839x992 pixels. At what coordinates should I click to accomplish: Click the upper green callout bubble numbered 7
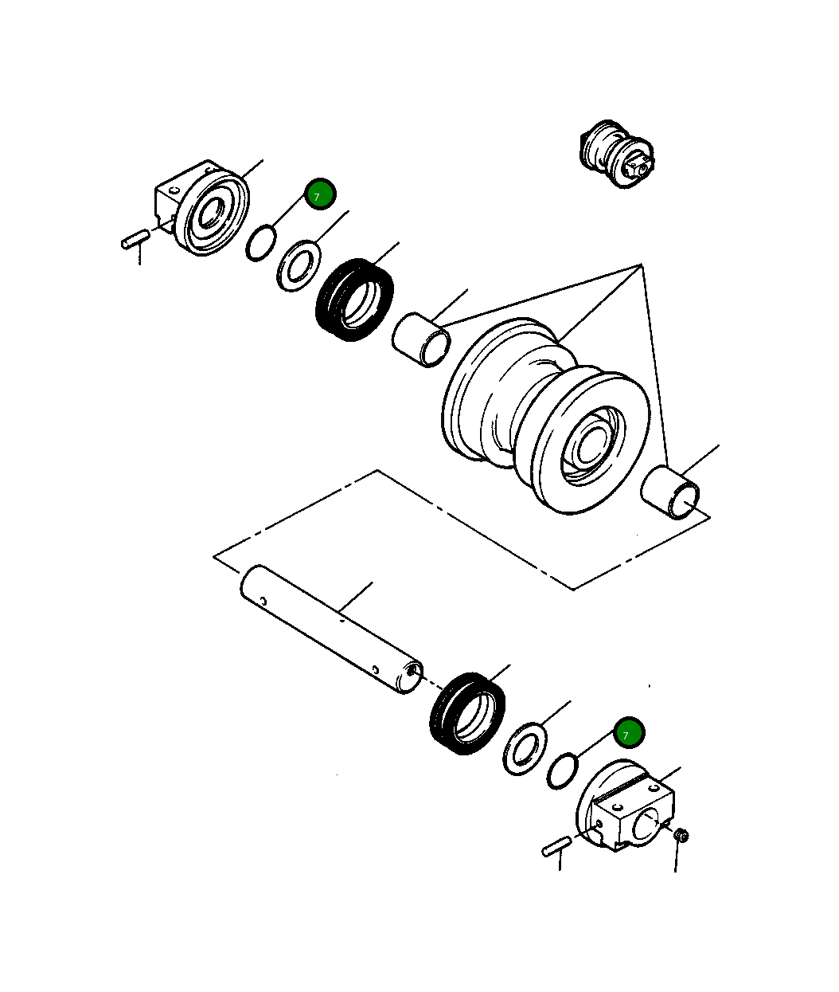point(320,194)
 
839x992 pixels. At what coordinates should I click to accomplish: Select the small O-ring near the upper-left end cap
point(260,243)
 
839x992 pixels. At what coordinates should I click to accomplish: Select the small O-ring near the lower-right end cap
point(562,770)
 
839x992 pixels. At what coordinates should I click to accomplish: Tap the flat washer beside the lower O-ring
point(525,749)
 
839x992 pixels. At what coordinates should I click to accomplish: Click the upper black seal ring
point(355,300)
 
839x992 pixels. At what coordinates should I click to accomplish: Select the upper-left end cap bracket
point(201,209)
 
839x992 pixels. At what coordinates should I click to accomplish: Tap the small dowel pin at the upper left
point(136,239)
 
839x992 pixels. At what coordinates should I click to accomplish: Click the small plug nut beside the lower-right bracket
point(681,835)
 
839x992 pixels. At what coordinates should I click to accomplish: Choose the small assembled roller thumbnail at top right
point(618,154)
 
